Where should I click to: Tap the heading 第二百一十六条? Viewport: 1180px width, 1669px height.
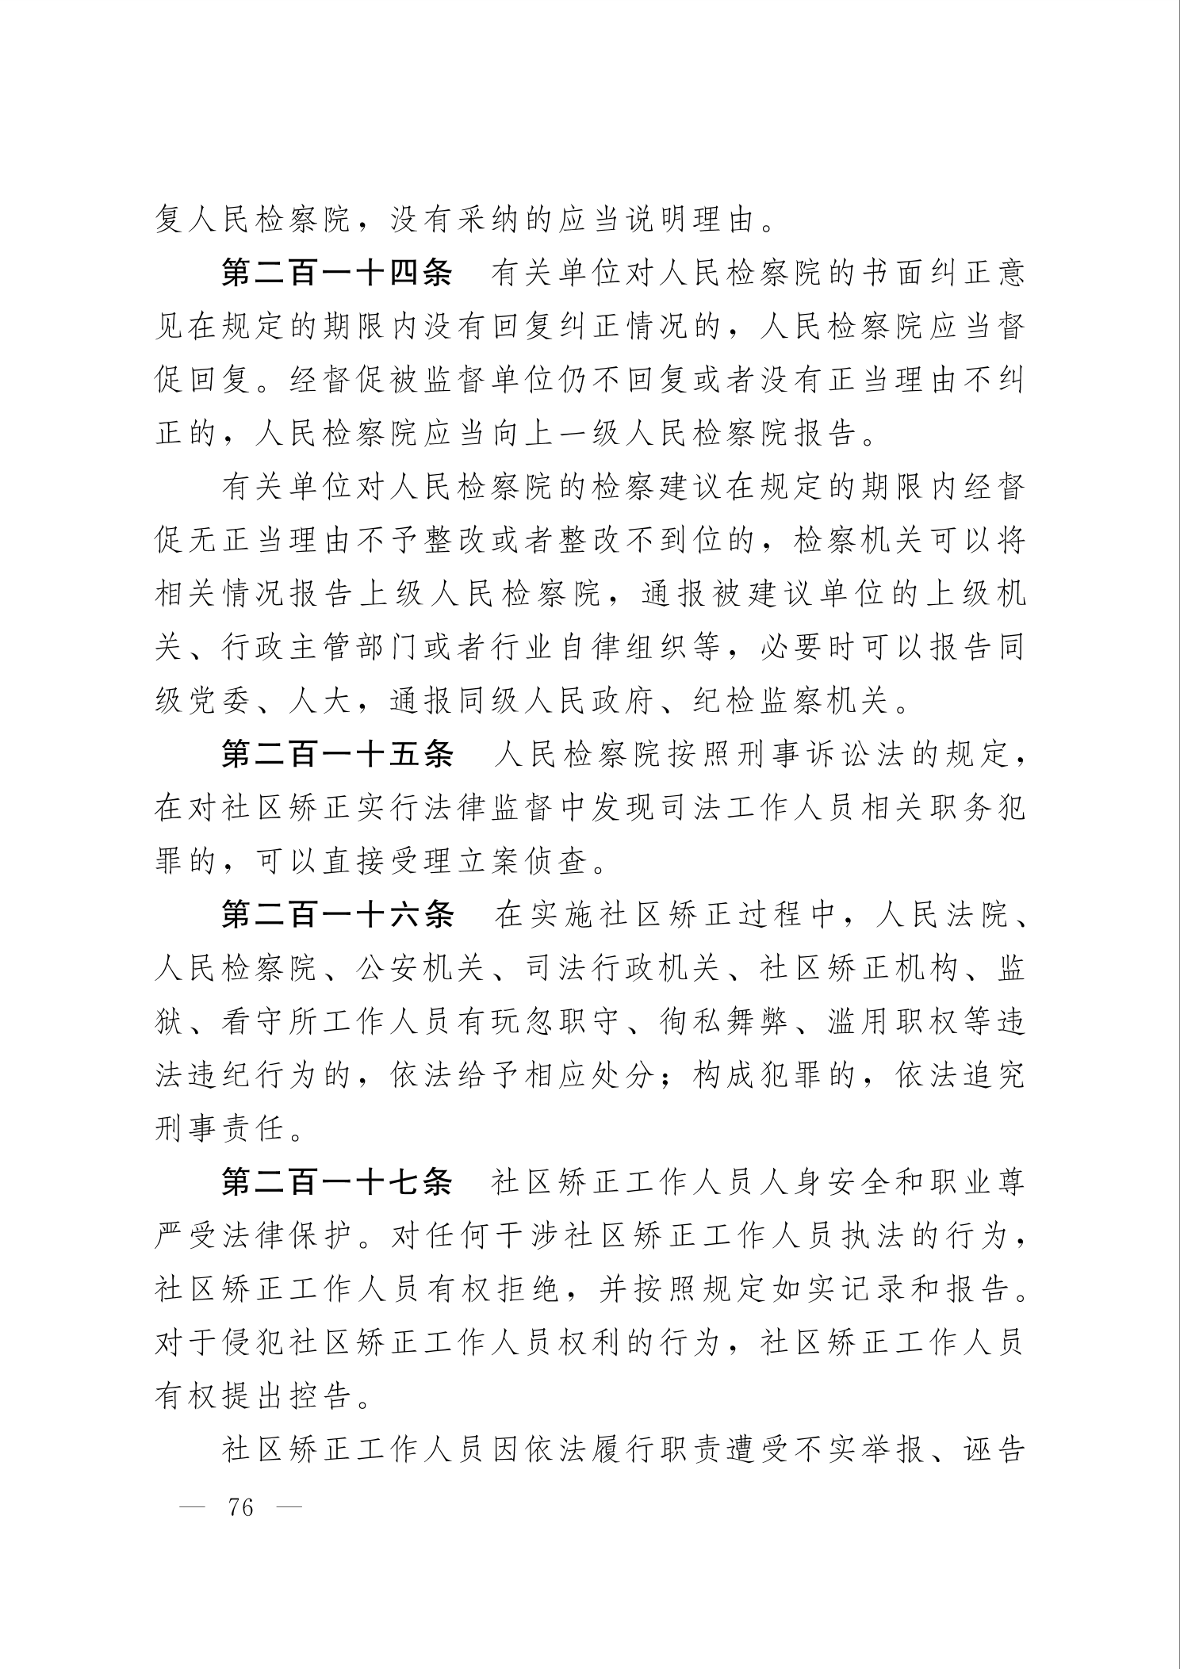point(336,915)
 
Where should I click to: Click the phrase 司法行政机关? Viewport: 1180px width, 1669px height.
point(623,969)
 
